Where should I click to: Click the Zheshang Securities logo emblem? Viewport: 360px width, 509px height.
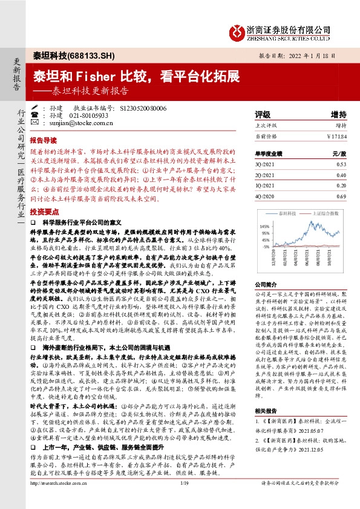(x=238, y=31)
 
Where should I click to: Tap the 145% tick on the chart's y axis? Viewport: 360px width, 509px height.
(x=264, y=225)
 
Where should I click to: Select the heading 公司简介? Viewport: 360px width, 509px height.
(x=264, y=284)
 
